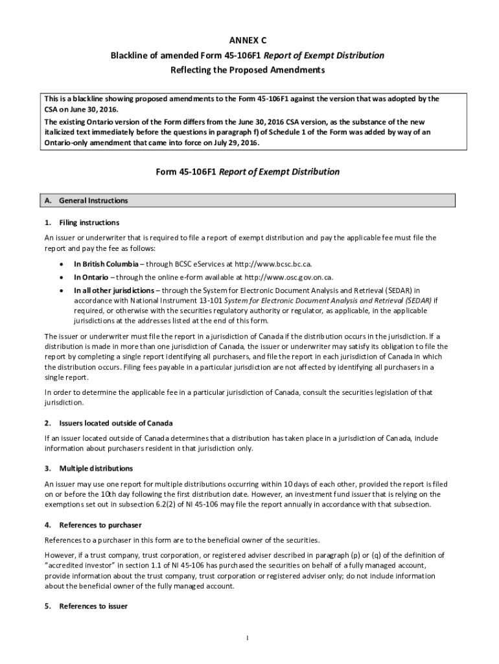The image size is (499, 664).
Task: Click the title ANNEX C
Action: point(250,41)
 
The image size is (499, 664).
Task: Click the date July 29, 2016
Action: point(233,143)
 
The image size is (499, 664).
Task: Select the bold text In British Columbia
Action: point(105,264)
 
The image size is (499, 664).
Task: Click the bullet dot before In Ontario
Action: point(60,278)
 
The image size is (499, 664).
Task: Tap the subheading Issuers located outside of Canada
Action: point(115,423)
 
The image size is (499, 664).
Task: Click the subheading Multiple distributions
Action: point(96,468)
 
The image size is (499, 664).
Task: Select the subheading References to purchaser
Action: point(100,525)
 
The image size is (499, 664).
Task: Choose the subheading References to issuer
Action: point(93,606)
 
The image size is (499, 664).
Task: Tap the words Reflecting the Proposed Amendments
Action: point(250,70)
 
